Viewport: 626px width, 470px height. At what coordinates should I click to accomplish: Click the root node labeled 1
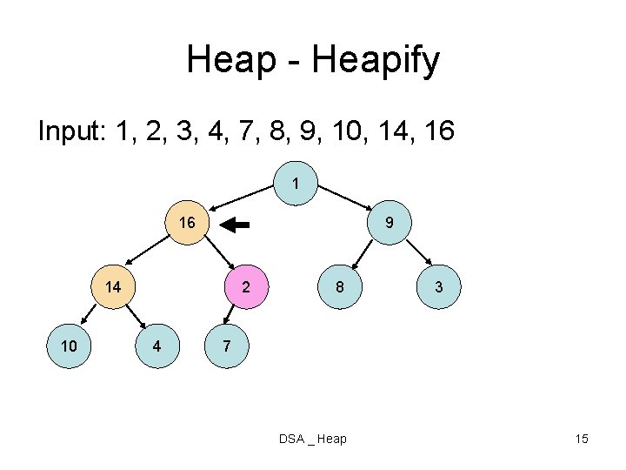tap(296, 185)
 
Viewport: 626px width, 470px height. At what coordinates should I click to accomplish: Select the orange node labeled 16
tap(187, 223)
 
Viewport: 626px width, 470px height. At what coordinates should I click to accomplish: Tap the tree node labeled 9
tap(390, 223)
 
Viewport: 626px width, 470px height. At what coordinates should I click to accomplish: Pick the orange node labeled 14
tap(113, 287)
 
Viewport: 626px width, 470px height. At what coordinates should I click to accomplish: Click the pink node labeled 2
tap(247, 287)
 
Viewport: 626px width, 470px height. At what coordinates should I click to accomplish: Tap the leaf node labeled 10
tap(68, 346)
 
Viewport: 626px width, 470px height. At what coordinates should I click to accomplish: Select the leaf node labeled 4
tap(156, 346)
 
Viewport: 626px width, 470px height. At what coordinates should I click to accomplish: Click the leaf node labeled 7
tap(226, 346)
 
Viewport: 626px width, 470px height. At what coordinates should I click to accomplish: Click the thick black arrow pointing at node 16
tap(235, 225)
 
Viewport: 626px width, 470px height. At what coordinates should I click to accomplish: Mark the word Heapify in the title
tap(379, 61)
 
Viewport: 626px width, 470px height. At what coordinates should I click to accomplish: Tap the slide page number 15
tap(582, 439)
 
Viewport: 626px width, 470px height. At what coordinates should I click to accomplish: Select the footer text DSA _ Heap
tap(313, 439)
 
